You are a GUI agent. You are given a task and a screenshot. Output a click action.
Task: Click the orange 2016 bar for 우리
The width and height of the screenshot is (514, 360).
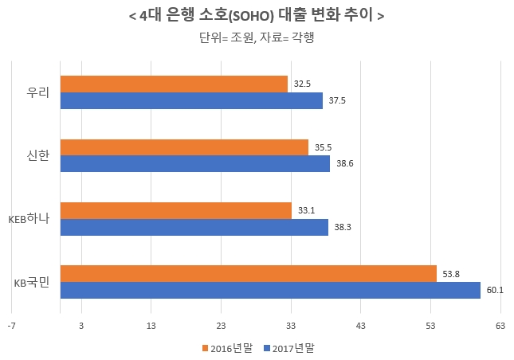[174, 84]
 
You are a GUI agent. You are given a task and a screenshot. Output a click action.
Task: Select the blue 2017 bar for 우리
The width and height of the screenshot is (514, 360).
[191, 100]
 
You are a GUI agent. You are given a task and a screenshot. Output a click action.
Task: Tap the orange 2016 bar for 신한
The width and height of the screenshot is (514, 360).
[184, 147]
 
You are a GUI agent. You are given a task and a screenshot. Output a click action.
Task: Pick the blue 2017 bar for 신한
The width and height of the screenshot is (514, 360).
[195, 164]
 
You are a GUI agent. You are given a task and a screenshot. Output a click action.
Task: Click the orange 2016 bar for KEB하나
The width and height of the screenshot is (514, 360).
[176, 210]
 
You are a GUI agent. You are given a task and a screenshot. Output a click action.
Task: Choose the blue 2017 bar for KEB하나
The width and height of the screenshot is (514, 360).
[194, 227]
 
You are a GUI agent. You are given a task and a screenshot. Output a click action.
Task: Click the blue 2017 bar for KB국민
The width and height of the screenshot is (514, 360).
[270, 291]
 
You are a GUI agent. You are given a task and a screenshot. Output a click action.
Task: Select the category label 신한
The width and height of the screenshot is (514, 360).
[38, 155]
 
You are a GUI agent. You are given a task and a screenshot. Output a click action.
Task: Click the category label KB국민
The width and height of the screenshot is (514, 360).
[32, 282]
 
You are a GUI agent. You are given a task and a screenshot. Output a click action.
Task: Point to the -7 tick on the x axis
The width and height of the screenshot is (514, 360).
[11, 326]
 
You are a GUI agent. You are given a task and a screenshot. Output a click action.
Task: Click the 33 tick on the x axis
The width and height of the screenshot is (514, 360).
[291, 326]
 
